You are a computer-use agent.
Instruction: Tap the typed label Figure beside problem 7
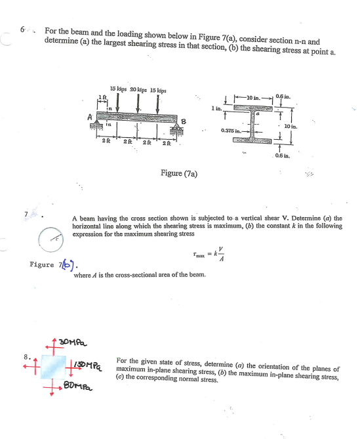pos(44,265)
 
